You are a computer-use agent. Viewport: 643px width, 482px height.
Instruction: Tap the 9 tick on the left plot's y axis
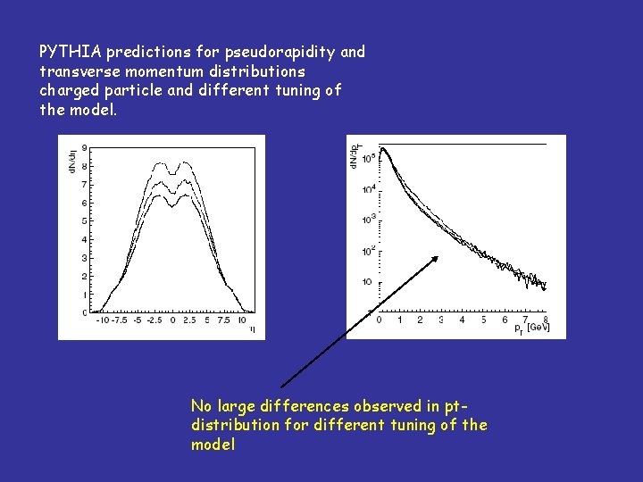84,148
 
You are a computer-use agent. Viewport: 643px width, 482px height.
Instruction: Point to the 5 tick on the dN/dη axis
84,221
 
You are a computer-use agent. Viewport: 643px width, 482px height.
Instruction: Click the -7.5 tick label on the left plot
120,320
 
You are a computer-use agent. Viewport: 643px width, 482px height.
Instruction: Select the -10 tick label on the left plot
100,320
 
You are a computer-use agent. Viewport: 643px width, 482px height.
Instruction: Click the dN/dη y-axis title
71,157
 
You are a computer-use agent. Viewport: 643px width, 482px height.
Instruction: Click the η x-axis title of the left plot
251,329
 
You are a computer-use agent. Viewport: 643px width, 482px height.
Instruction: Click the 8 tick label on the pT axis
546,320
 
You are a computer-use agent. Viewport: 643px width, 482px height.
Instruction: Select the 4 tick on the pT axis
462,320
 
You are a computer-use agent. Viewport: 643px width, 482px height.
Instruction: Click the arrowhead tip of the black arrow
440,255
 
